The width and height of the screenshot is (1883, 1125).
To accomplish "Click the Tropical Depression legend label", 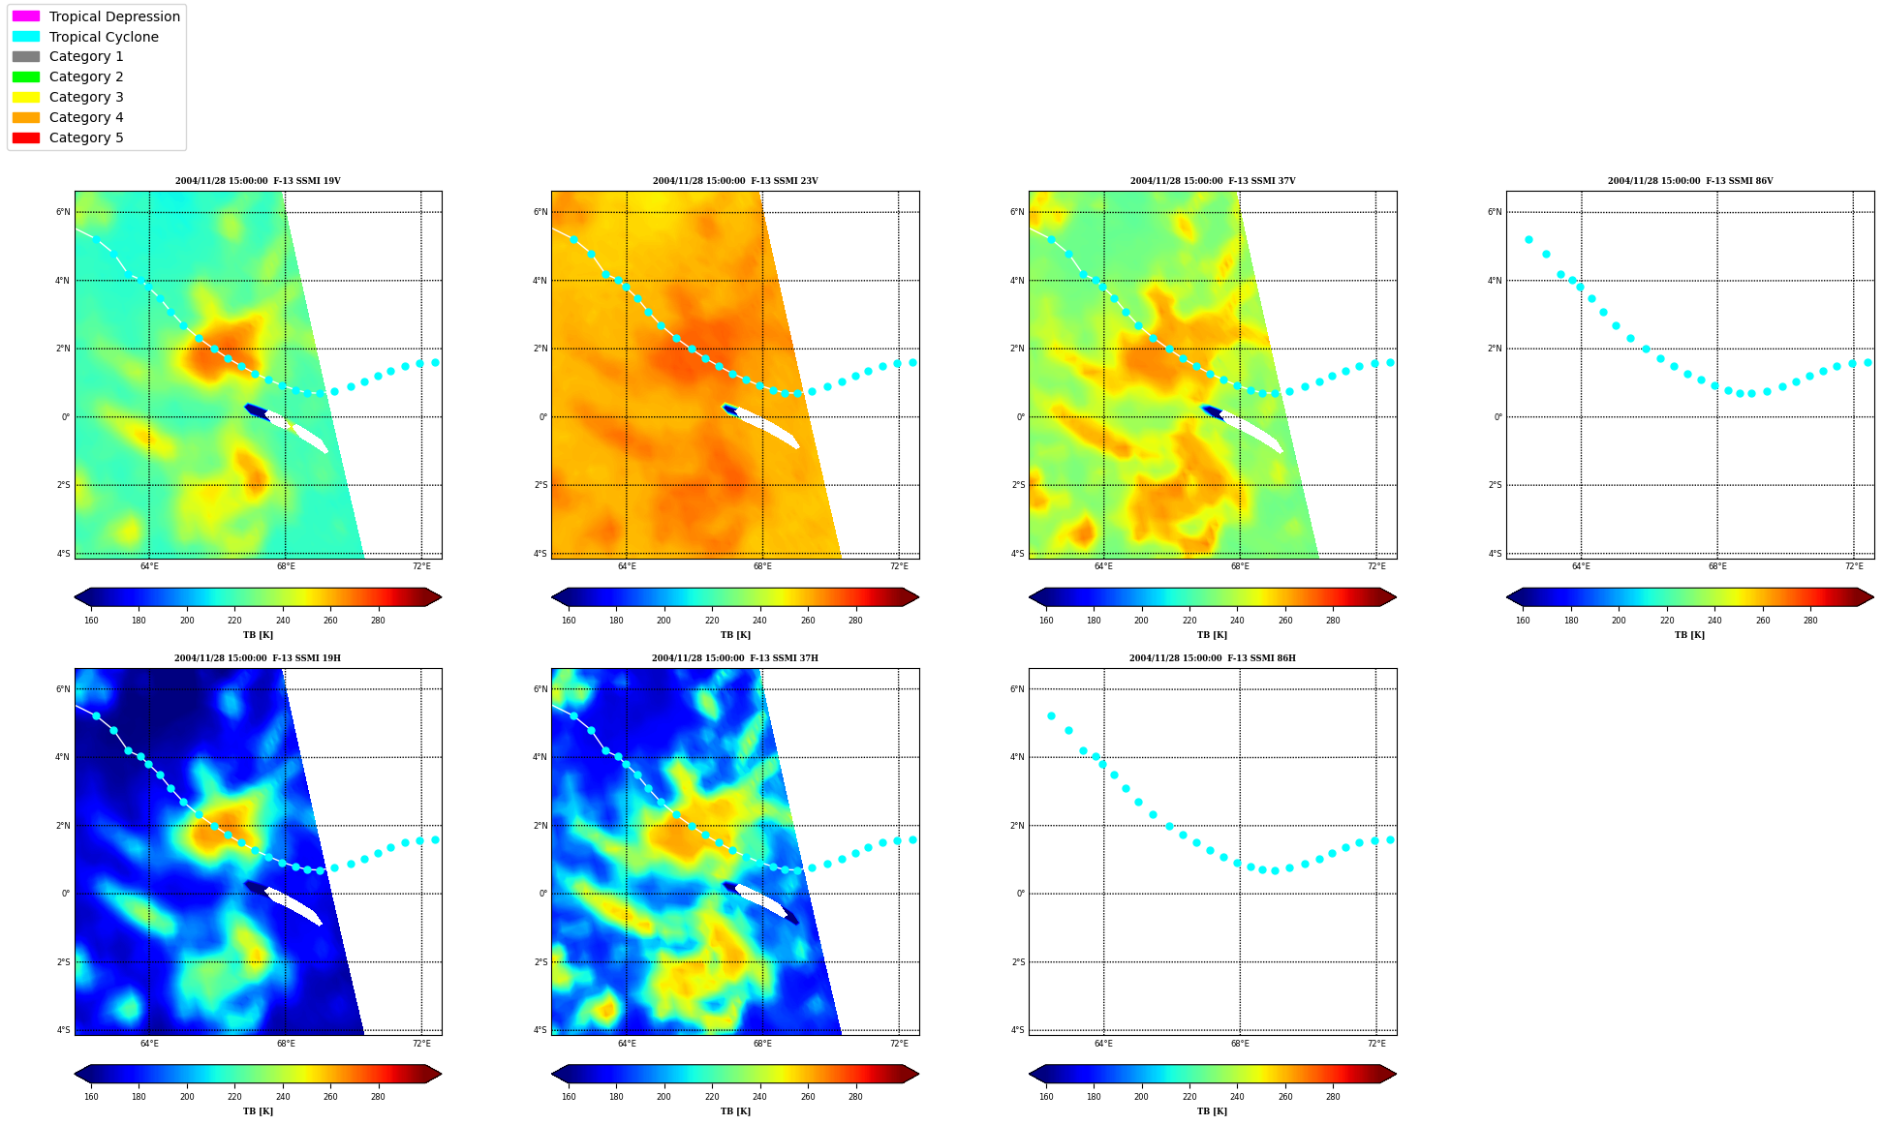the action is [114, 16].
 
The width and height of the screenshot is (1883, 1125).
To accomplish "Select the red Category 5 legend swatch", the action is [26, 137].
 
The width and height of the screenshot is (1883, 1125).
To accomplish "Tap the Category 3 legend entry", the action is [86, 97].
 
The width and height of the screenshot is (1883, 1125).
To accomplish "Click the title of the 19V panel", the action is [258, 181].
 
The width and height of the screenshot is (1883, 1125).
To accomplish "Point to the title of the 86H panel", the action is [1212, 658].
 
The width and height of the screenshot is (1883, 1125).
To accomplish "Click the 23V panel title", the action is [735, 181].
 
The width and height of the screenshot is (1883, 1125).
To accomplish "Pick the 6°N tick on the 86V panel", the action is [1495, 212].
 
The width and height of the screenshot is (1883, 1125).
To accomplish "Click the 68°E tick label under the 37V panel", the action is [1240, 566].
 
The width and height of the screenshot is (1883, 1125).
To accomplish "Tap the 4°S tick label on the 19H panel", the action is [63, 1030].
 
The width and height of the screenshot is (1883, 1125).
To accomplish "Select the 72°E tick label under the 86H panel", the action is [1376, 1044].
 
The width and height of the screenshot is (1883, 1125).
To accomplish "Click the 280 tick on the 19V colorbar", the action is [378, 621].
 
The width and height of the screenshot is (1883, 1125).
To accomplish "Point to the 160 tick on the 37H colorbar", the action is [569, 1098].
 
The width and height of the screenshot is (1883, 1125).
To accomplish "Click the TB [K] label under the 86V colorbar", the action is [1689, 635].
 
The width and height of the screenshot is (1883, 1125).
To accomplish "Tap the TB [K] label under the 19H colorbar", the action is [258, 1111].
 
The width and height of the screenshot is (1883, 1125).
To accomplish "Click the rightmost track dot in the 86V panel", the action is [1868, 362].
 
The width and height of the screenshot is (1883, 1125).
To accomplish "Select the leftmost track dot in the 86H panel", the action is [1051, 716].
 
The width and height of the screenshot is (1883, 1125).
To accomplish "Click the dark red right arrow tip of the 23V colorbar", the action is [918, 597].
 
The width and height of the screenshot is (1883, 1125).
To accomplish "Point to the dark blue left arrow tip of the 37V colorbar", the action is [1031, 597].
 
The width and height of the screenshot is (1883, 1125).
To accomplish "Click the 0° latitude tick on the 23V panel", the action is [543, 417].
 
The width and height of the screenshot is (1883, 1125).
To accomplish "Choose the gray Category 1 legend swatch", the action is [26, 57].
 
